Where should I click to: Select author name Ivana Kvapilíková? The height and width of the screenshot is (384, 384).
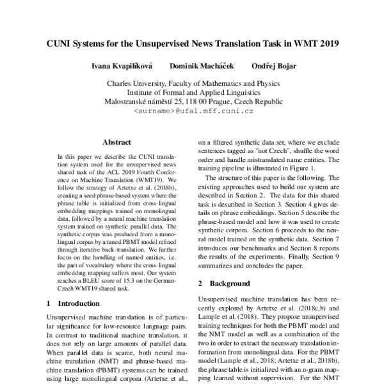pos(120,66)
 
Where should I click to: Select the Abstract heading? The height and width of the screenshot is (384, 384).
pos(116,143)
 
